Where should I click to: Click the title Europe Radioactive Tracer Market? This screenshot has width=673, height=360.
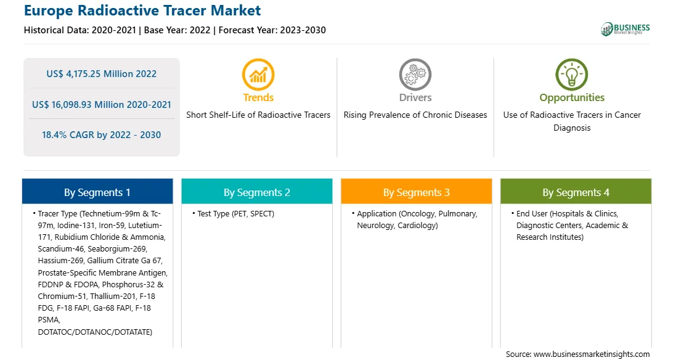coord(142,10)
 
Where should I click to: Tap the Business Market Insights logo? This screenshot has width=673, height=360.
coord(625,29)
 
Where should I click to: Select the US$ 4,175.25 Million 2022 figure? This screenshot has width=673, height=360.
coord(101,74)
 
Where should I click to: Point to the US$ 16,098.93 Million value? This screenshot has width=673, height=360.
coord(86,105)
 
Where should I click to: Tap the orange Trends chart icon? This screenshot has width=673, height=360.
coord(258,75)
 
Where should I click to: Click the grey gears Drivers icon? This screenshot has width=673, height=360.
coord(415,75)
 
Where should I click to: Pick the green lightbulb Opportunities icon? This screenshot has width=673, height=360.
coord(572,75)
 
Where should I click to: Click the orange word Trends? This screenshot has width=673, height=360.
coord(258,97)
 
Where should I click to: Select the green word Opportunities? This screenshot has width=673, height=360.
coord(572,98)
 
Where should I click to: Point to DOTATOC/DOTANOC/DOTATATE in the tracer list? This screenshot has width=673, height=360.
coord(95,332)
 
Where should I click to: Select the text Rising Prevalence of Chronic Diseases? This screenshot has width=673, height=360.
coord(415,115)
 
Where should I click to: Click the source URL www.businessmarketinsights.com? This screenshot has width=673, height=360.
coord(592,354)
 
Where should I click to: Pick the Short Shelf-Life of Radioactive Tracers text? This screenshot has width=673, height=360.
coord(258,115)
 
